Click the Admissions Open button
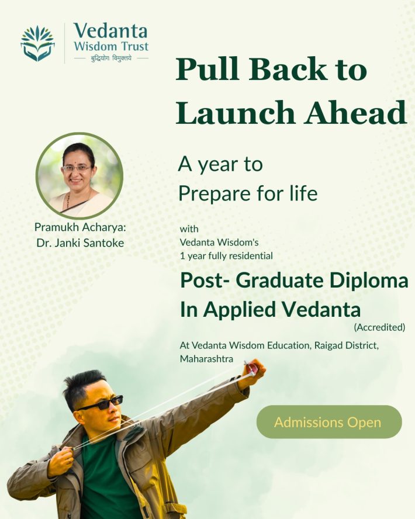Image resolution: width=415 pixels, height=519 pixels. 328,422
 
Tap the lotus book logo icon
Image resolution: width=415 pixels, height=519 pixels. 37,43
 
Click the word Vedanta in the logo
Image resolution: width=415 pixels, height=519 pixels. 110,30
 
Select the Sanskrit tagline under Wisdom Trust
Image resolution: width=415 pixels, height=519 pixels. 110,57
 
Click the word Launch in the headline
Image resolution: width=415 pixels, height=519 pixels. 234,112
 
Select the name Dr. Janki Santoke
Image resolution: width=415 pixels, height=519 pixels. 80,243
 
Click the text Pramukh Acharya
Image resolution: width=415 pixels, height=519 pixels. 80,227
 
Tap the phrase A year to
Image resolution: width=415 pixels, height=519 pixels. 220,165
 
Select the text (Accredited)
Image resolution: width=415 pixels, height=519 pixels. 379,327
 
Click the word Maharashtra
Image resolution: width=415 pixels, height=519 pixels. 206,358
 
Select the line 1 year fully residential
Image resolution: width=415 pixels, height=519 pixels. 226,255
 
